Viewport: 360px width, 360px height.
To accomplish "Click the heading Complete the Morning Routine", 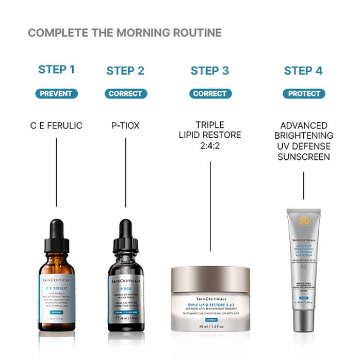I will tap(124, 33).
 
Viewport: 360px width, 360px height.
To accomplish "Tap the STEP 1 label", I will tap(56, 70).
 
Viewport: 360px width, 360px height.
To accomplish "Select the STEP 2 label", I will tap(125, 71).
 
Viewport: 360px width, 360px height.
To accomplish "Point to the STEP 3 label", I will tap(209, 71).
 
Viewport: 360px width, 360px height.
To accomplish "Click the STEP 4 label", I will tap(303, 71).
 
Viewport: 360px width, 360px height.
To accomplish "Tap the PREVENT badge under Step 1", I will tap(56, 94).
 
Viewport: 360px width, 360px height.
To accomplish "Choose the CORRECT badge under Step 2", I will tap(125, 94).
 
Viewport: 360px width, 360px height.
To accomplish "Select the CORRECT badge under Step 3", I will tap(209, 94).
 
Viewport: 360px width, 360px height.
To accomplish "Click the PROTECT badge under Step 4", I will tap(303, 94).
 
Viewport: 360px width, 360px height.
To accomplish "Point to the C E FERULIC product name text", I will tap(56, 125).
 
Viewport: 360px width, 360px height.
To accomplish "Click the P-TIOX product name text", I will tap(125, 125).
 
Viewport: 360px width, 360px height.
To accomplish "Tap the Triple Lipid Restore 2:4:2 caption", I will tap(210, 135).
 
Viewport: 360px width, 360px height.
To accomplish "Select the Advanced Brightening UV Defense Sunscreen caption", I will tap(303, 140).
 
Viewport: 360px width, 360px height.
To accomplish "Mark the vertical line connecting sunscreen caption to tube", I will tap(303, 186).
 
